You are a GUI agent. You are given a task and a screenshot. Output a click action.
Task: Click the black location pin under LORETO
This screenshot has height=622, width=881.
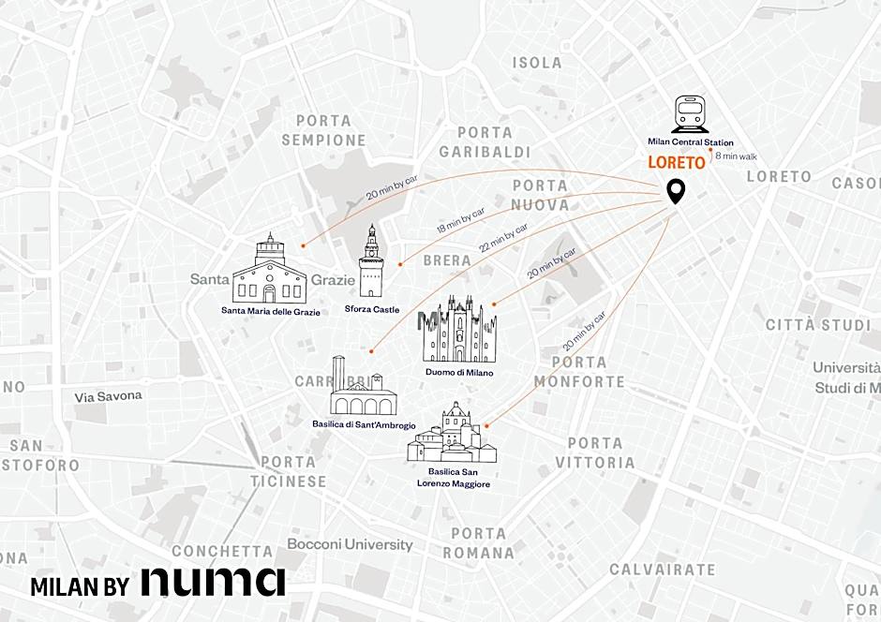click(675, 191)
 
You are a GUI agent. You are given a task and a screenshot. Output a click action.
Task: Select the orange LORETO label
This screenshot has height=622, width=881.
click(676, 163)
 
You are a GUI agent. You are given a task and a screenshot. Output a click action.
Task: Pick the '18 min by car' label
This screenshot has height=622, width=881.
click(461, 222)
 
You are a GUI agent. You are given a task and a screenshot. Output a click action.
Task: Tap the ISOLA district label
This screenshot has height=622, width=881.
click(537, 63)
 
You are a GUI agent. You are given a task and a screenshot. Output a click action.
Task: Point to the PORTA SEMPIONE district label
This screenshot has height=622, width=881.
click(323, 130)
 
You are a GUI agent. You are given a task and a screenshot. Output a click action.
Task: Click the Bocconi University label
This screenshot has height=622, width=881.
click(350, 544)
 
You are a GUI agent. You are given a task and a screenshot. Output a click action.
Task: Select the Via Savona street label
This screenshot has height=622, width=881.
click(109, 396)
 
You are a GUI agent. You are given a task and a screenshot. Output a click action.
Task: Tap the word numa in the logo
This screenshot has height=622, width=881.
click(213, 581)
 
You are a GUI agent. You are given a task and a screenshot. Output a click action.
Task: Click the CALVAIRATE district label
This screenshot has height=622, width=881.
click(662, 569)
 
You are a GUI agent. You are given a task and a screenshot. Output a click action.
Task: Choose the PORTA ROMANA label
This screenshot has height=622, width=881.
click(478, 543)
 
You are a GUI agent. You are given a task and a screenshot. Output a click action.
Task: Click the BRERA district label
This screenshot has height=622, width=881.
click(447, 259)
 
